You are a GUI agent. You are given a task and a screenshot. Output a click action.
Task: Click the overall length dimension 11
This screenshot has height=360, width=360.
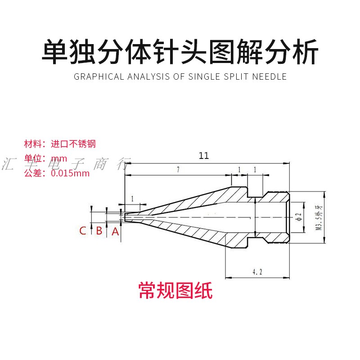pyautogui.click(x=204, y=156)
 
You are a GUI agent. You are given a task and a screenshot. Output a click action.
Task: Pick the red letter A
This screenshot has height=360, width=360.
pyautogui.click(x=116, y=231)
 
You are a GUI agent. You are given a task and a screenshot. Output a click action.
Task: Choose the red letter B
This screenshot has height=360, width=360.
pyautogui.click(x=99, y=231)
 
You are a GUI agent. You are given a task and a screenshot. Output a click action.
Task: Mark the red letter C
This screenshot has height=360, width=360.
pyautogui.click(x=83, y=231)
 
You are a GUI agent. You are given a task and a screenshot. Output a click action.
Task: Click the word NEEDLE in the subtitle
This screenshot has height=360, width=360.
pyautogui.click(x=269, y=76)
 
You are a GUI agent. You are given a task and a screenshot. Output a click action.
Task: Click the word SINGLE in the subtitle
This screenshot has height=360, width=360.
pyautogui.click(x=200, y=76)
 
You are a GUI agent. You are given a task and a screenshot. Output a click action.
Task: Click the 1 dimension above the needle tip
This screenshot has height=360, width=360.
pyautogui.click(x=132, y=198)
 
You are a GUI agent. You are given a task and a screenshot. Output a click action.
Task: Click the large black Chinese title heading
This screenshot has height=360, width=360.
pyautogui.click(x=180, y=53)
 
